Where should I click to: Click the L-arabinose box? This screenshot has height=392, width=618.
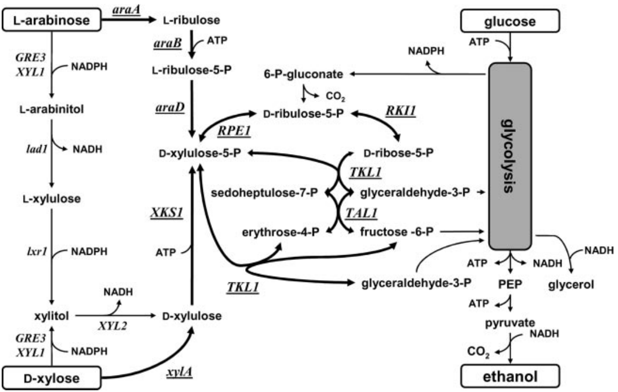(51, 21)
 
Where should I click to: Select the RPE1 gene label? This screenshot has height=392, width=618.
(233, 131)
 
